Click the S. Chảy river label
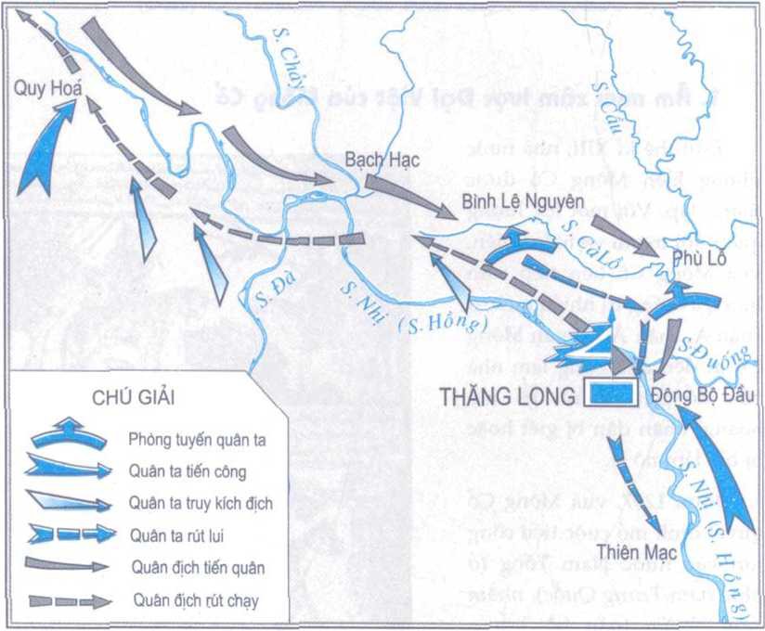click(x=289, y=55)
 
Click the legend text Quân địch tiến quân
click(x=198, y=566)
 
